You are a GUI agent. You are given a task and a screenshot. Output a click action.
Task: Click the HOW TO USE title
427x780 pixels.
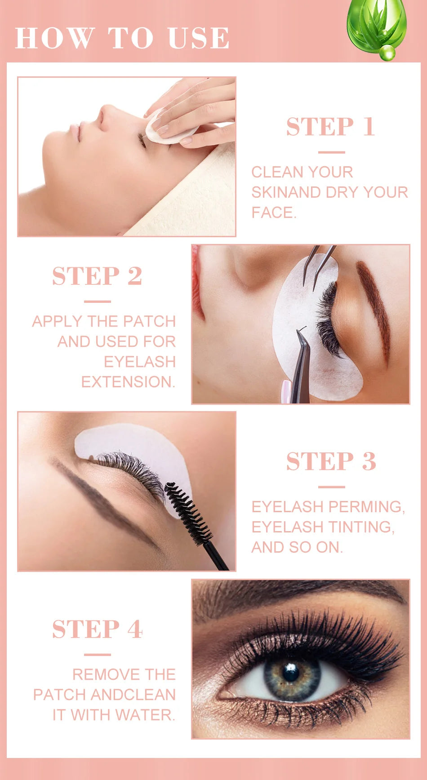point(122,38)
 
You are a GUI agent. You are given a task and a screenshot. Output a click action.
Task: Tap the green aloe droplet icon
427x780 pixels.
point(376,27)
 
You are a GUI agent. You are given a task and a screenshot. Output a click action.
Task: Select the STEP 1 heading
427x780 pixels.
point(330,127)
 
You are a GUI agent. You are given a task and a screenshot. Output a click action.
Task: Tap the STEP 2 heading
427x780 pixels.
point(97,276)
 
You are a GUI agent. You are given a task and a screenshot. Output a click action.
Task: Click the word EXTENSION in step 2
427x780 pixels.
point(127,382)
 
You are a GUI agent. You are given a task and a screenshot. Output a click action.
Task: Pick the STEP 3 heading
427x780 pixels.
point(331,461)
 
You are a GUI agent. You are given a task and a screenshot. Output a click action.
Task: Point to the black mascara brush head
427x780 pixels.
point(188,512)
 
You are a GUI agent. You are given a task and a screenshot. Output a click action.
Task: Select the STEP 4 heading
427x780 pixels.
point(97,629)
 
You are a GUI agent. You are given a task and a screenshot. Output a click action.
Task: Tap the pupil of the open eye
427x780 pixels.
point(291,673)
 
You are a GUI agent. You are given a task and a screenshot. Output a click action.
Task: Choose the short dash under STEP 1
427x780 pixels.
point(331,152)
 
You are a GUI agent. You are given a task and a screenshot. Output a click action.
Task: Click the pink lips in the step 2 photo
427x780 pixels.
point(196,283)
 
